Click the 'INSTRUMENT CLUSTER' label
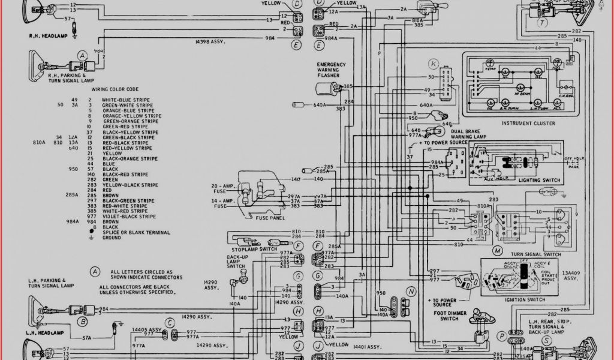coord(528,123)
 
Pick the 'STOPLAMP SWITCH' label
coord(254,249)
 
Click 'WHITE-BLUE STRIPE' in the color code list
coord(126,100)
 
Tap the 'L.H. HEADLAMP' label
coord(46,332)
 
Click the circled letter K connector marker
coord(434,64)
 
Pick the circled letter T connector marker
coord(543,23)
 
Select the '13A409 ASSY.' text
coord(571,276)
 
